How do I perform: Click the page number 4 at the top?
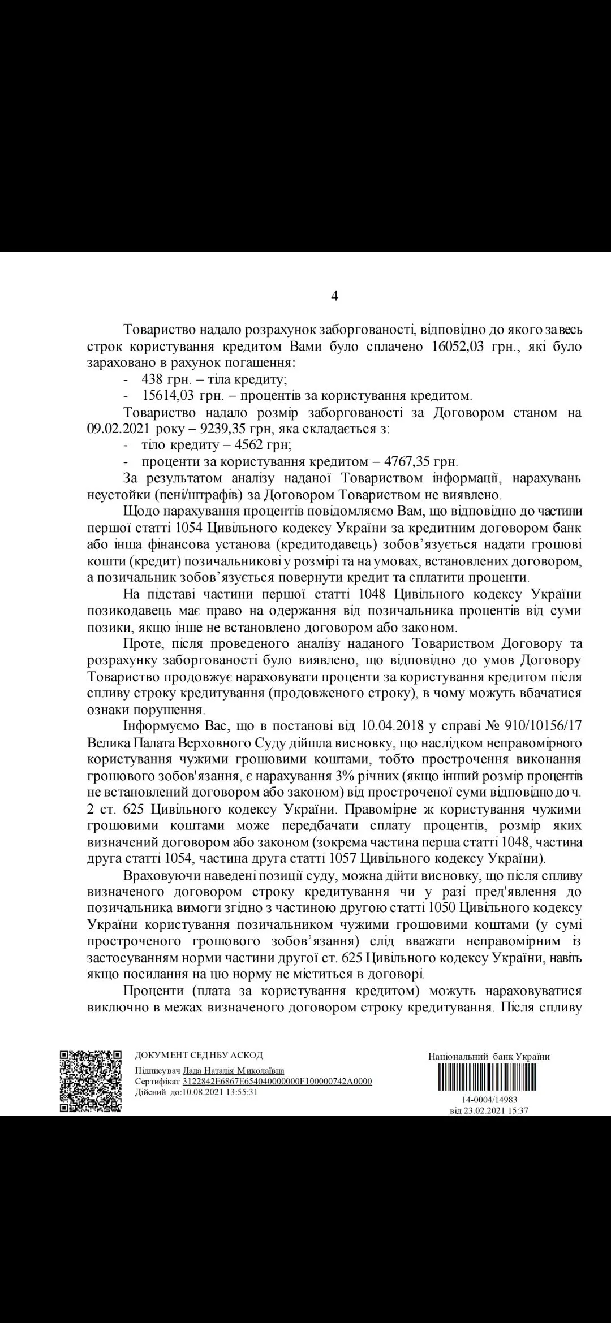click(334, 296)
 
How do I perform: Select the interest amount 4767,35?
click(398, 461)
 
